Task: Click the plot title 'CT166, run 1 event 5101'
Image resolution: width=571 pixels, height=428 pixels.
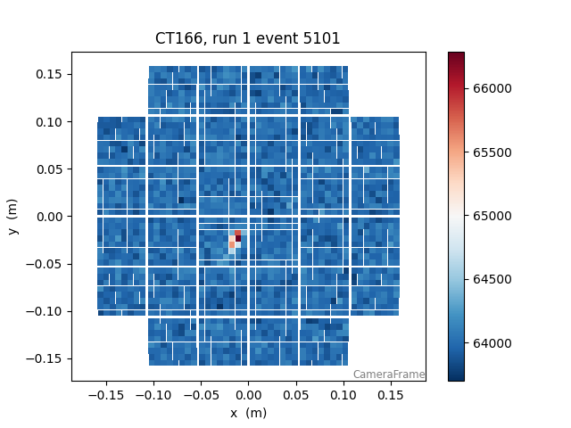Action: [248, 38]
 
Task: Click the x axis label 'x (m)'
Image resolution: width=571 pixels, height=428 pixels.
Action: [248, 413]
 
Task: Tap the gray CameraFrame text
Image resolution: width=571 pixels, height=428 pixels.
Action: [388, 374]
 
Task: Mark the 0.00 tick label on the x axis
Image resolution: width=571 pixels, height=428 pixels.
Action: [248, 392]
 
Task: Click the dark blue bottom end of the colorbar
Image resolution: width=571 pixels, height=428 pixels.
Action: [456, 377]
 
